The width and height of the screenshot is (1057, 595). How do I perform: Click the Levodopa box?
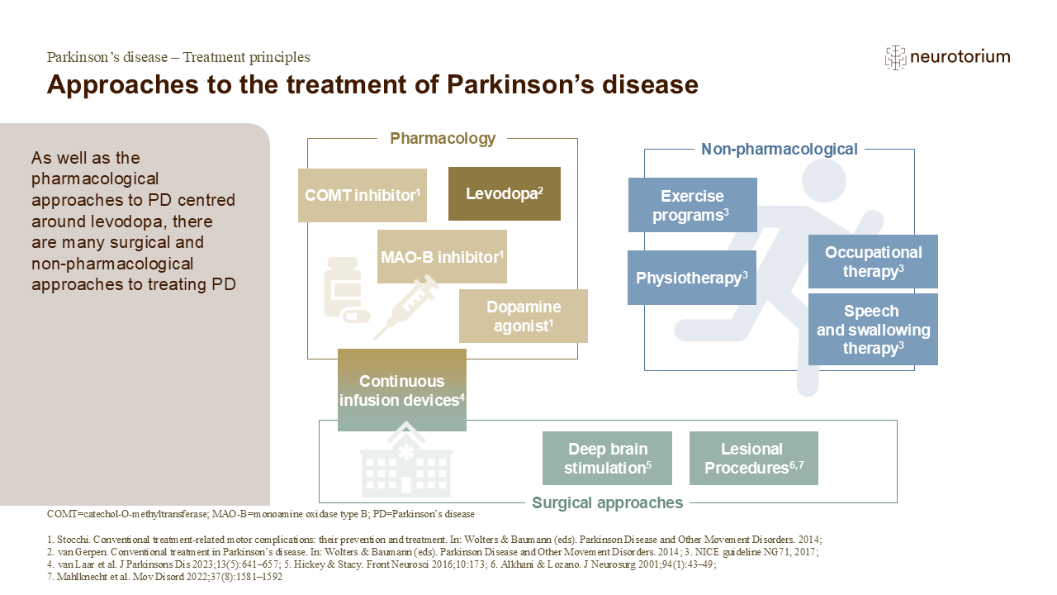504,194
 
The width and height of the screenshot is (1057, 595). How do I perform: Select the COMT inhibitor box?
362,196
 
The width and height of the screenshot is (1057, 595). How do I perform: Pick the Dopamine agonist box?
523,316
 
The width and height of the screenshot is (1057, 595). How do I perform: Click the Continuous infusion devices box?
401,390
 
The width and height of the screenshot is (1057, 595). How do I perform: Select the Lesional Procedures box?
753,458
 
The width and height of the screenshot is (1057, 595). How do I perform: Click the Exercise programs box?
692,205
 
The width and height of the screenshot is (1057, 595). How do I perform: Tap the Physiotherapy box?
692,278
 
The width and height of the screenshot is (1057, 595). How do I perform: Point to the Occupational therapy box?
873,261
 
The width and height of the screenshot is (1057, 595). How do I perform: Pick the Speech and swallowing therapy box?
873,329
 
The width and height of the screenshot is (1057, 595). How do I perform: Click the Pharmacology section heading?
443,139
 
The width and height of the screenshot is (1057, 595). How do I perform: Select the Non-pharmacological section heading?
779,150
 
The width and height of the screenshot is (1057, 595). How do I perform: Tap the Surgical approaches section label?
607,502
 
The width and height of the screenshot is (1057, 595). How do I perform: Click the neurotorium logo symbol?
894,57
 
